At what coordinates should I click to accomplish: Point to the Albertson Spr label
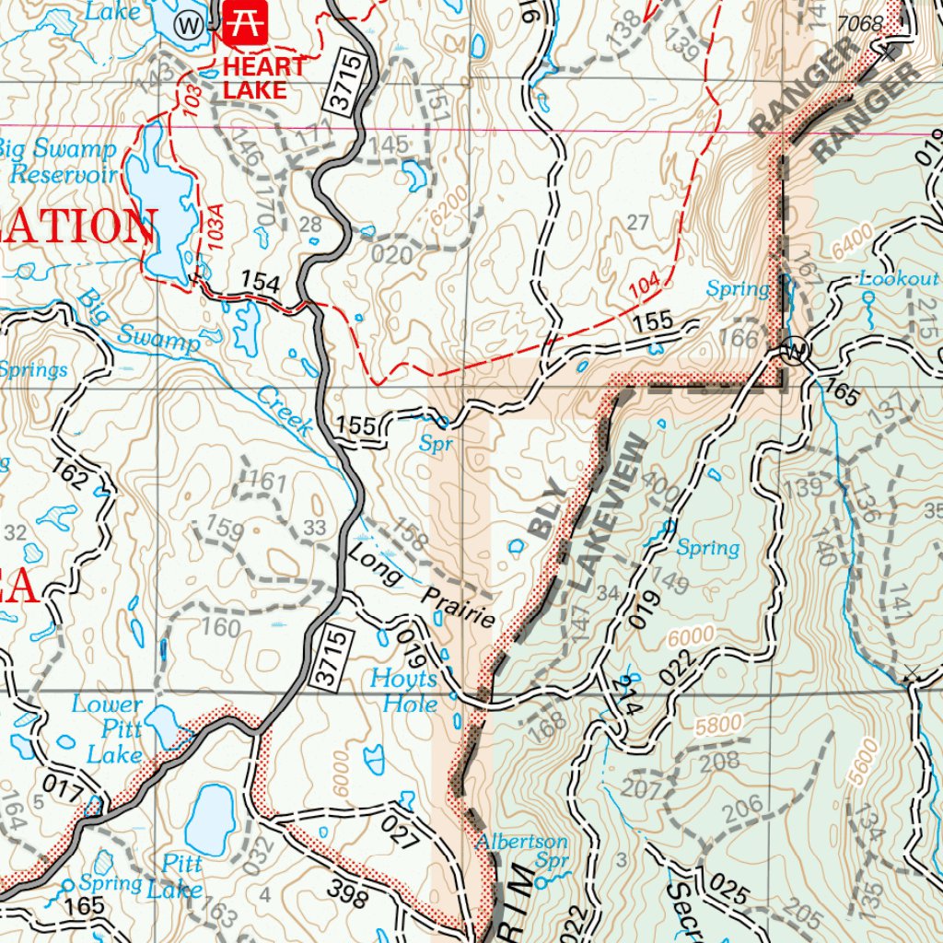coord(522,851)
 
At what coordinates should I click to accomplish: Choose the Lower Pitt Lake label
coord(108,729)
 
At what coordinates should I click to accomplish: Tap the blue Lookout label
coord(898,278)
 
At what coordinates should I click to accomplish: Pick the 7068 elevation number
coord(860,23)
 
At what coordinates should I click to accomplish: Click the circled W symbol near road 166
coord(794,351)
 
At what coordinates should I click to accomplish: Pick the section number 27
coord(637,221)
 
